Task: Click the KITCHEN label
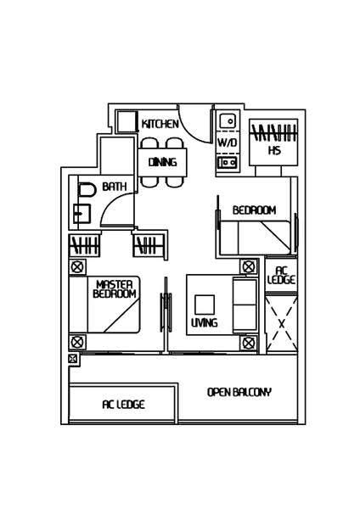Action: [160, 124]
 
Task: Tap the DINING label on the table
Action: [162, 162]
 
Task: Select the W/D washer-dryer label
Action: [227, 143]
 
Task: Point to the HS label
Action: [274, 150]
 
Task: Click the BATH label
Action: [115, 187]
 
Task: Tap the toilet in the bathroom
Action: [87, 190]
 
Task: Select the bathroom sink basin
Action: [82, 213]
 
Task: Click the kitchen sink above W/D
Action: [228, 121]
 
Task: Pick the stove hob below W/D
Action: [228, 162]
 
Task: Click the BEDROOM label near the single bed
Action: [255, 210]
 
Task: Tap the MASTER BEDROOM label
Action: [115, 289]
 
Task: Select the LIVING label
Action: [205, 322]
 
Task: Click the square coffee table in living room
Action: [205, 305]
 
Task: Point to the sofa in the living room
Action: [245, 305]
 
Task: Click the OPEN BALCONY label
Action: [239, 392]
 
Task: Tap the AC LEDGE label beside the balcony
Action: [123, 404]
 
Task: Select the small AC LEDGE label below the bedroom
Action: [281, 275]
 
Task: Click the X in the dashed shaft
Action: [282, 324]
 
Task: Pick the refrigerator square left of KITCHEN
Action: [126, 121]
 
